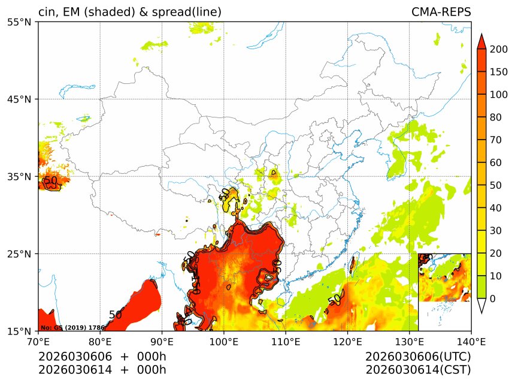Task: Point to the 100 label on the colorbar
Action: (x=499, y=95)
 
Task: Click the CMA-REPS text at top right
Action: (x=441, y=13)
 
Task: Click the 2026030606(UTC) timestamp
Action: (x=418, y=357)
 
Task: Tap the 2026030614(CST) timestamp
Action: (x=418, y=370)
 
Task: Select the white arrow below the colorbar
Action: (x=481, y=306)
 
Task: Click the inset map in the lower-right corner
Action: (x=444, y=277)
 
